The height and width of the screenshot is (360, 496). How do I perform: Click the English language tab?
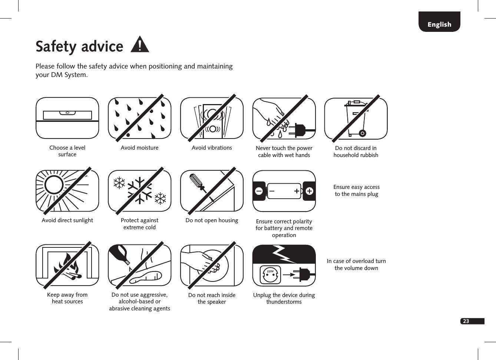coord(439,24)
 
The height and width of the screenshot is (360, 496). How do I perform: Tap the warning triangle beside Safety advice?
coord(140,45)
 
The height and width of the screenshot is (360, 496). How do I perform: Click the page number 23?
coord(466,321)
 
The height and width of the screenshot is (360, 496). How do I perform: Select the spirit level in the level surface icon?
coord(67,114)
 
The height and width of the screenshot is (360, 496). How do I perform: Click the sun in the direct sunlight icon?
coord(54,184)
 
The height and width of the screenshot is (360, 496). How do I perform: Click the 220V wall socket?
coord(270,275)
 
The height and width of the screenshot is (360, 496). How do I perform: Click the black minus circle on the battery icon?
coord(259,191)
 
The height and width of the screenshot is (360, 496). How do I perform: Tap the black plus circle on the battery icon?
coord(309,191)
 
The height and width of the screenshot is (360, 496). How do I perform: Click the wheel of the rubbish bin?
coord(362,133)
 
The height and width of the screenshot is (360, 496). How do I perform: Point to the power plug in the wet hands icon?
coord(300,130)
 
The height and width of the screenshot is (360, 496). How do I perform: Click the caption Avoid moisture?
coord(139,148)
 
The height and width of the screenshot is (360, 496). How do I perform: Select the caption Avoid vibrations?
coord(212,148)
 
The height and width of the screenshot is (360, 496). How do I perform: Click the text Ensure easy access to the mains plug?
coord(356,190)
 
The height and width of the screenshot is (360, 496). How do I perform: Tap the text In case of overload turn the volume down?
coord(356,264)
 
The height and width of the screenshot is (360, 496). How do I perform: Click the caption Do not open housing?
coord(212,220)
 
